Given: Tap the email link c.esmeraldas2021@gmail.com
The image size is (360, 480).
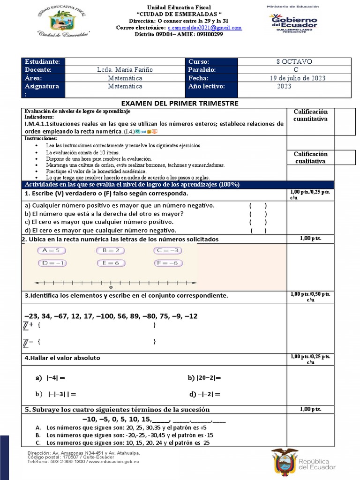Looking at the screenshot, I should click(x=204, y=28).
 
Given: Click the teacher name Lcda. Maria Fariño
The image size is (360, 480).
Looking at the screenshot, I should click(x=125, y=70).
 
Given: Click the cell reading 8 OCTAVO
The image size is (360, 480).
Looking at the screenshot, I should click(x=294, y=62).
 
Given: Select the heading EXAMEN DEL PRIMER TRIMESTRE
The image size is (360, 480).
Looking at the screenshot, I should click(x=180, y=103).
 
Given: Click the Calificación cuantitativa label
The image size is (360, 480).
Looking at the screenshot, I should click(x=310, y=115).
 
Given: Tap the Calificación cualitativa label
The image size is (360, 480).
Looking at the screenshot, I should click(x=310, y=157).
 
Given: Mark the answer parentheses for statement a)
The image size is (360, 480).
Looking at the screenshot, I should click(x=258, y=205).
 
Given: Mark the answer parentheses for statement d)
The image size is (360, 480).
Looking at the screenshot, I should click(x=258, y=230).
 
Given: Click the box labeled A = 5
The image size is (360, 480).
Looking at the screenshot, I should click(x=51, y=251).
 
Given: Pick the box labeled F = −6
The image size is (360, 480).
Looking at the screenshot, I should click(x=167, y=263).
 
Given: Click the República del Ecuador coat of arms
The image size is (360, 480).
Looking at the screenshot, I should click(x=285, y=463).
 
